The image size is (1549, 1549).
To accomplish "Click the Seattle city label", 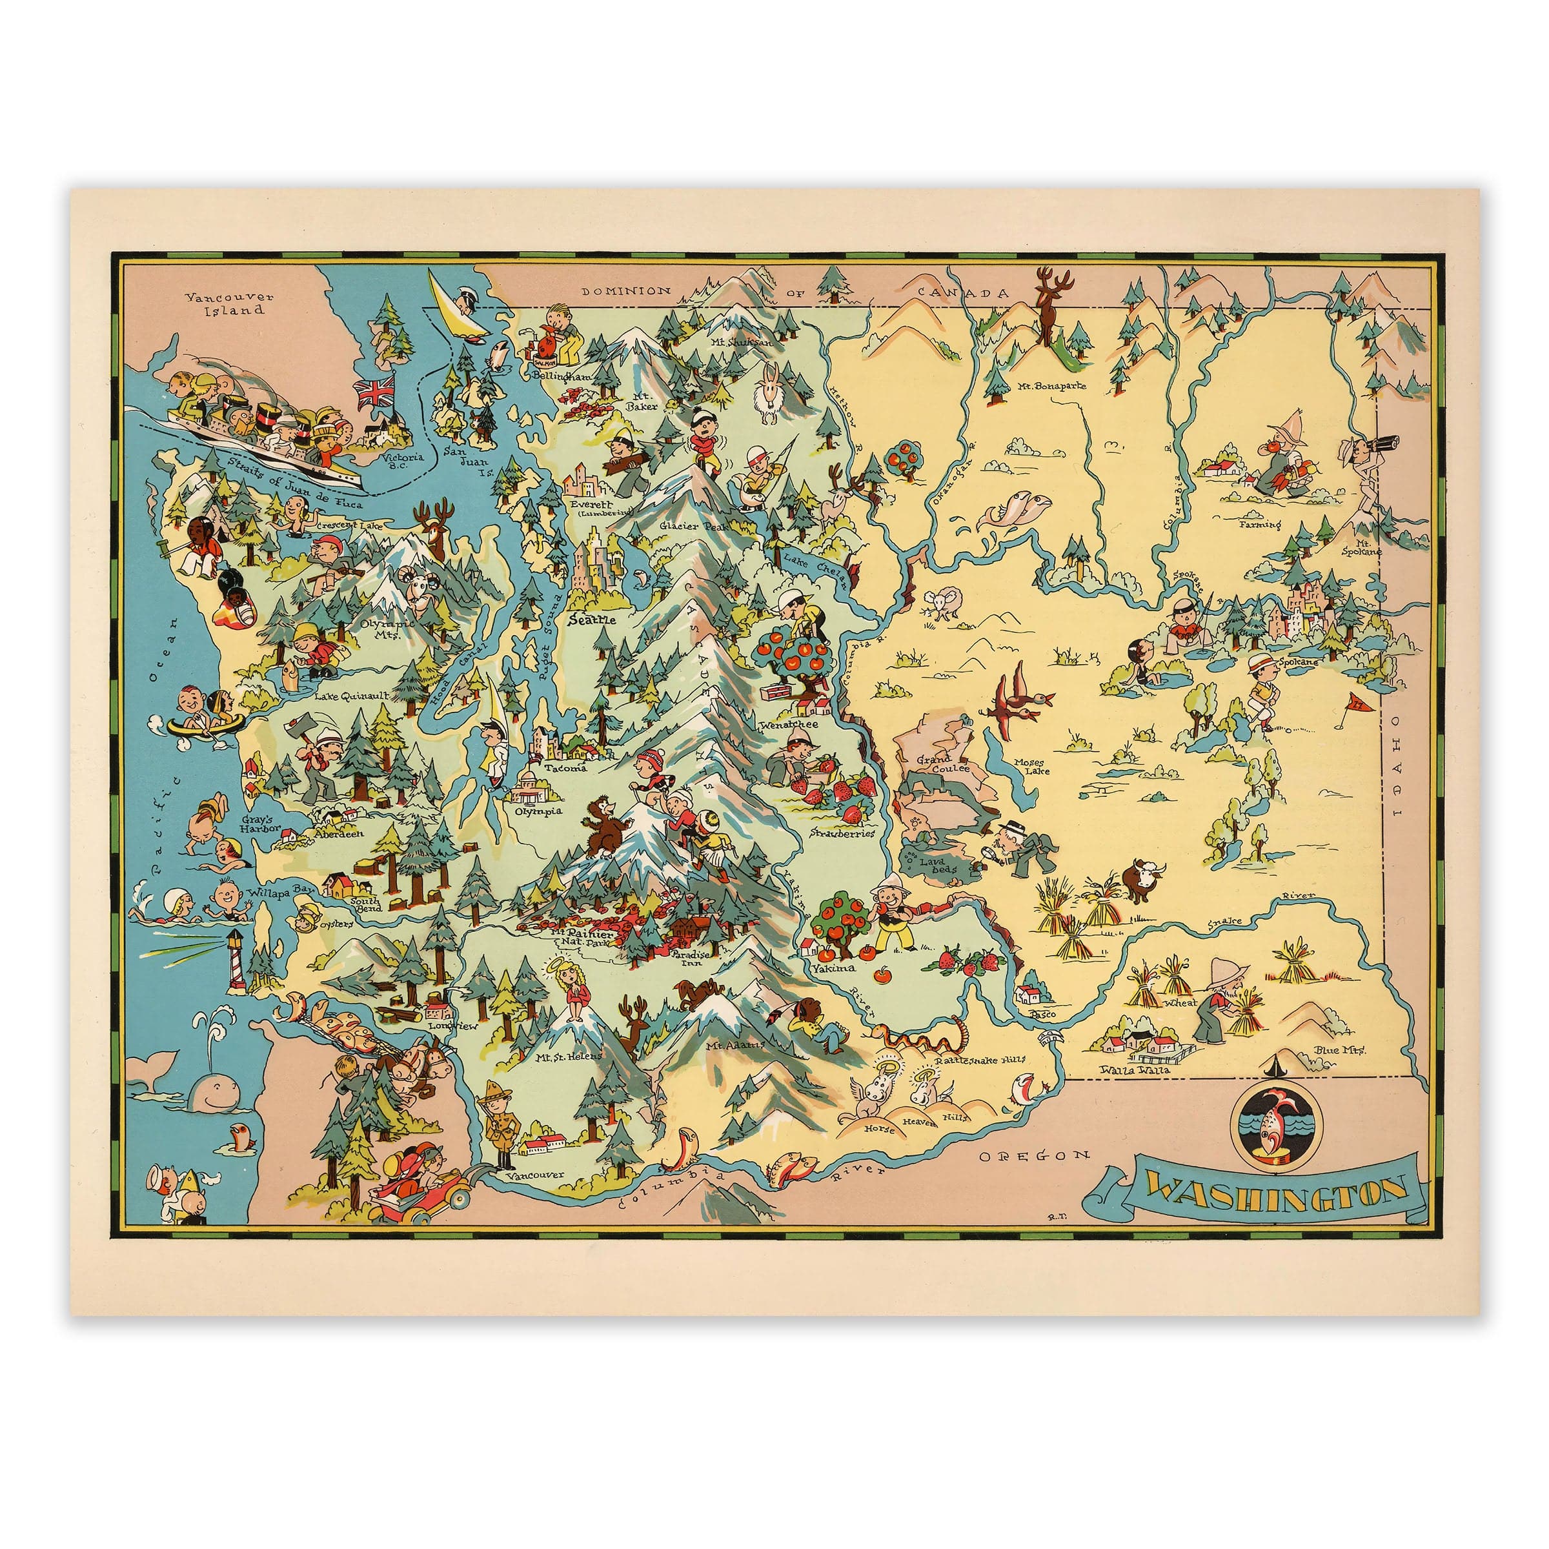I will pos(591,620).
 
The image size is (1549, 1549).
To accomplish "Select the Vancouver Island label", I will pos(228,303).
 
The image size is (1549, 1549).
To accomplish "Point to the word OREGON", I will pos(1033,1155).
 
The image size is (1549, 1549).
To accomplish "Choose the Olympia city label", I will pos(539,811).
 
